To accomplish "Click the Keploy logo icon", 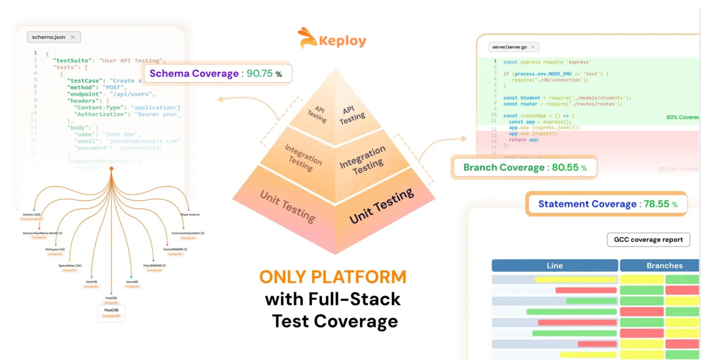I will [x=307, y=38].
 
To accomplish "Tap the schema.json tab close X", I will [x=73, y=37].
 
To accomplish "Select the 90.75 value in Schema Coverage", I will [x=259, y=73].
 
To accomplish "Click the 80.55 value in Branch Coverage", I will [x=565, y=167].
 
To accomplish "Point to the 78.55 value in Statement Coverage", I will [x=656, y=204].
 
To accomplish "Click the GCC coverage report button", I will [x=648, y=240].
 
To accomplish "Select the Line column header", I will [x=554, y=266].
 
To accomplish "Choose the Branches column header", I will [x=664, y=266].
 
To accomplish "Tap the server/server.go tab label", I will [x=509, y=47].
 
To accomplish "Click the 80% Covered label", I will [x=682, y=117].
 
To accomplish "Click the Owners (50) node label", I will [x=32, y=214].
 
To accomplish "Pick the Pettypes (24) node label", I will [x=55, y=249].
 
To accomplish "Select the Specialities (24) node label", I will [x=70, y=266].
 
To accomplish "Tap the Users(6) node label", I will [x=132, y=282].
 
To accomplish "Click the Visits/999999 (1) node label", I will [x=175, y=249].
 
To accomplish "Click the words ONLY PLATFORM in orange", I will [x=333, y=277].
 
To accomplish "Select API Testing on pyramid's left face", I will [x=317, y=114].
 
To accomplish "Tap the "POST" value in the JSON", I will [x=113, y=87].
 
